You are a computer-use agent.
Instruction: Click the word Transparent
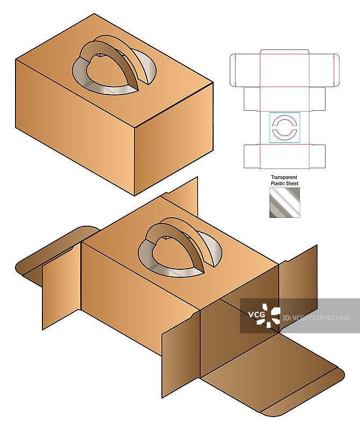(284, 177)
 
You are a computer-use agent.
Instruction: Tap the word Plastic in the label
(277, 183)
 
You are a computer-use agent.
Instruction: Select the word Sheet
(292, 183)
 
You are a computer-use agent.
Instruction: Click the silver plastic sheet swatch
(285, 203)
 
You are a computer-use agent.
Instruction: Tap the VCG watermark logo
(264, 316)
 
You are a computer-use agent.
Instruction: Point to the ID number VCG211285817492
(316, 318)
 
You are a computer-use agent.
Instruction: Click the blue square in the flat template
(285, 127)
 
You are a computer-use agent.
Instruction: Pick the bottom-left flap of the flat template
(252, 156)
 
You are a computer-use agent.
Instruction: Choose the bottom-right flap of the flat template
(317, 156)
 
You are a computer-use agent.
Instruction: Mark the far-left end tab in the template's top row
(232, 70)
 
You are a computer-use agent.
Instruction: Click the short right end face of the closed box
(174, 139)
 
